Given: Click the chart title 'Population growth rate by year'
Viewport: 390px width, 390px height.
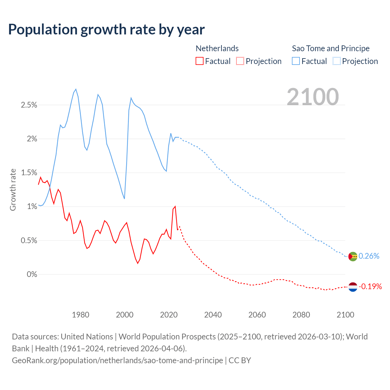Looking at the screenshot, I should [x=106, y=30].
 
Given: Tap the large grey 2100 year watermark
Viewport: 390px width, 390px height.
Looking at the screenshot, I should [x=313, y=97].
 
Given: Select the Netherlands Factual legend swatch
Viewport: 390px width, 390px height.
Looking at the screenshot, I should [x=200, y=61].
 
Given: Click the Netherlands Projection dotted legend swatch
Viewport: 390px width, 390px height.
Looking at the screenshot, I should [x=240, y=61].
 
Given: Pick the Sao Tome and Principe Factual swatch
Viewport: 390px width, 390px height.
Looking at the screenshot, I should [x=296, y=61].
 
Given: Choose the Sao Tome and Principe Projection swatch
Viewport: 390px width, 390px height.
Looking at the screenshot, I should [x=337, y=61].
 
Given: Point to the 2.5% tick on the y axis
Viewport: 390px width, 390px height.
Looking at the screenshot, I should [x=29, y=105].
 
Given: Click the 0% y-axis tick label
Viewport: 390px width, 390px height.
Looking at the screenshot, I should [x=32, y=275].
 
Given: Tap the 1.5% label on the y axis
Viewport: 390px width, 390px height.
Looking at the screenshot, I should [x=29, y=173].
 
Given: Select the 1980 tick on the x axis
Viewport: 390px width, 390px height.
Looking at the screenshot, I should [x=80, y=315].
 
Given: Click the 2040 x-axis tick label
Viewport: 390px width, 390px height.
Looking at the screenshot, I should [x=213, y=315].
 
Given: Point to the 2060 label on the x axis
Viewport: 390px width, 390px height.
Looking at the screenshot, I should [x=257, y=315].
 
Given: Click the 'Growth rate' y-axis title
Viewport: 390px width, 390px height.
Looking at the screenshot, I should [x=13, y=190].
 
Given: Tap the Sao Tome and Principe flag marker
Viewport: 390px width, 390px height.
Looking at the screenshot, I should [x=353, y=257].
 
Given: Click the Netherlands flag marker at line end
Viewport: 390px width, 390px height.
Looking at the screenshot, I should [x=353, y=287].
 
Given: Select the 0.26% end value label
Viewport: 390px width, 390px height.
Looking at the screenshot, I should [x=369, y=256].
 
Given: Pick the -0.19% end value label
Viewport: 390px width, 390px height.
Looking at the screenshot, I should [x=370, y=286].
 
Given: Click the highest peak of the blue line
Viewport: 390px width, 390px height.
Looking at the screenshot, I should [x=76, y=89].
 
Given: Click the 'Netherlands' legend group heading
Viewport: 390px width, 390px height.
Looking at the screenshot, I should [x=217, y=48].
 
